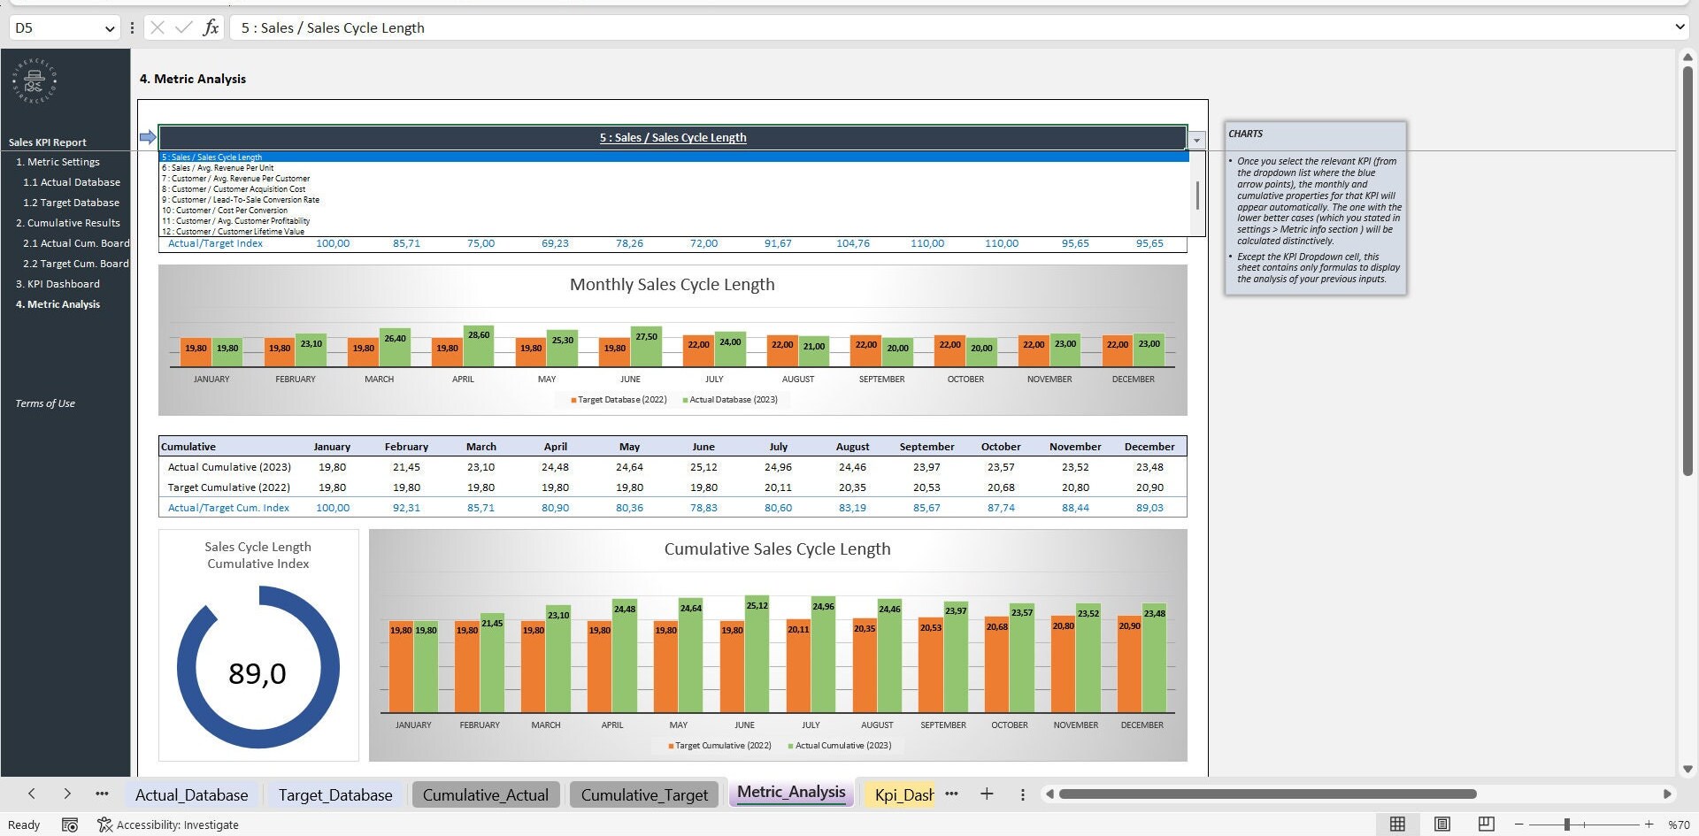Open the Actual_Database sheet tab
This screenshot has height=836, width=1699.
[191, 794]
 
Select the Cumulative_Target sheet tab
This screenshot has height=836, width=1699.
[644, 794]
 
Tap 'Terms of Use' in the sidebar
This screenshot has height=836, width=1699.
[45, 403]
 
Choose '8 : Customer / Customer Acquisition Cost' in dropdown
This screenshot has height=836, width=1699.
[234, 189]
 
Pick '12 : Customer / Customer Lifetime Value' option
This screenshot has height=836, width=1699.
[233, 232]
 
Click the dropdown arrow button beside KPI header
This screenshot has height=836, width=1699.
[1196, 140]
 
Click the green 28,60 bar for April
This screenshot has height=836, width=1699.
[479, 348]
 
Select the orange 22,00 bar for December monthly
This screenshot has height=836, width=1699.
[1118, 350]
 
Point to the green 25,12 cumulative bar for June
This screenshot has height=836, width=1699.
[757, 655]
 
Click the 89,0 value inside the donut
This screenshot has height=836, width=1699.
[258, 674]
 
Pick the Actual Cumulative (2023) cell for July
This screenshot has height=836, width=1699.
[778, 467]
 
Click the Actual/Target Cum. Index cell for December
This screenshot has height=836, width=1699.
[1149, 508]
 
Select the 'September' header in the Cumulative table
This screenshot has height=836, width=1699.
[926, 447]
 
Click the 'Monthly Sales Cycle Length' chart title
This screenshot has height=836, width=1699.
[672, 285]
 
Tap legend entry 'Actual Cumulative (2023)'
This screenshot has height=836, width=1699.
[842, 746]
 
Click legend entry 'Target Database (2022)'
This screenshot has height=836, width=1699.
[621, 400]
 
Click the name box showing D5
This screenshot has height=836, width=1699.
[58, 27]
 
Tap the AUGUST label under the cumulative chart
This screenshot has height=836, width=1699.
[877, 725]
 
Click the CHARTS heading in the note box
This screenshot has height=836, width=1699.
[1245, 134]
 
